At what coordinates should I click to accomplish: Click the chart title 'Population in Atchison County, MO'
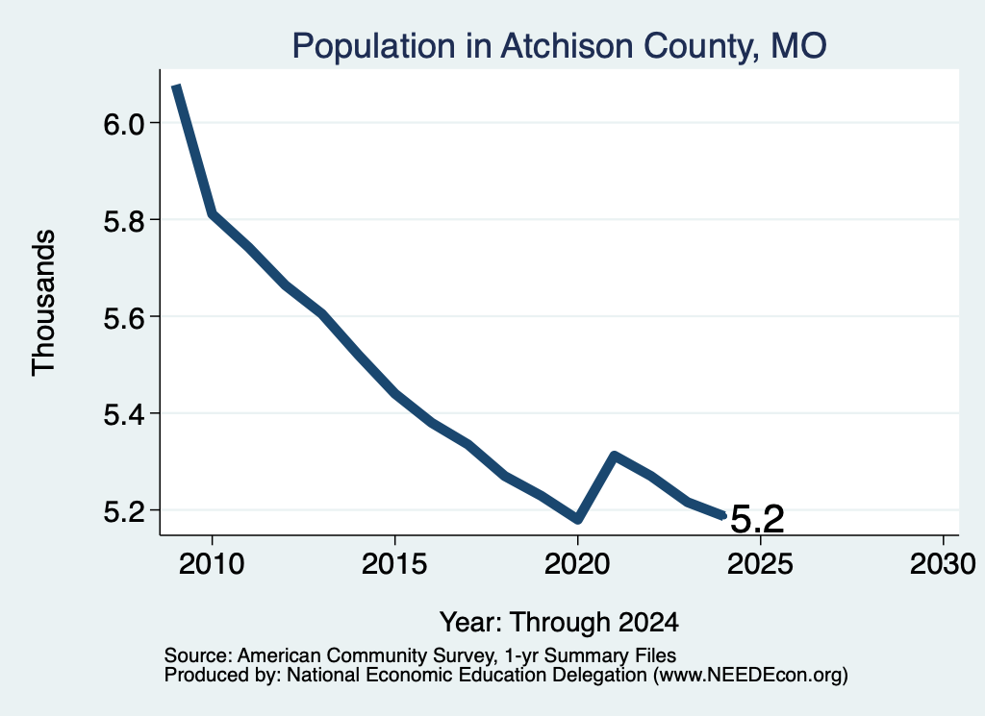click(x=559, y=46)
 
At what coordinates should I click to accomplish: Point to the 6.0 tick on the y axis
click(x=124, y=124)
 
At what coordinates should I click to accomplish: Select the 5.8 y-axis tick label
click(x=124, y=221)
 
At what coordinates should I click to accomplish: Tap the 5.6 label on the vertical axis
click(x=124, y=318)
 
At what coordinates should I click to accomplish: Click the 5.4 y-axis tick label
click(x=124, y=415)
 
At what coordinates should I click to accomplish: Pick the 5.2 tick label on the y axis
click(x=124, y=512)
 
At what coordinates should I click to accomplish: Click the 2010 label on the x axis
click(x=212, y=564)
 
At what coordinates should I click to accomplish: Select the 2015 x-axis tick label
click(x=394, y=564)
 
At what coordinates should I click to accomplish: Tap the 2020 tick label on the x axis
click(x=577, y=564)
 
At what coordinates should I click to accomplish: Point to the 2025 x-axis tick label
click(x=760, y=564)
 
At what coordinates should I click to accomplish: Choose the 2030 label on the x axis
click(x=943, y=564)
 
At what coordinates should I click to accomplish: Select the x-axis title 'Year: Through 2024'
click(x=559, y=622)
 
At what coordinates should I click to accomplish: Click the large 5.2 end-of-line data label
click(x=758, y=520)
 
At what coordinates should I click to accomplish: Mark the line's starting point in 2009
click(x=177, y=86)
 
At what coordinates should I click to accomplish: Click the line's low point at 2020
click(x=578, y=519)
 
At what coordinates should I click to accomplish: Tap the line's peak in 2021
click(x=615, y=455)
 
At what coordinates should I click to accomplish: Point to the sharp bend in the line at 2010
click(x=213, y=214)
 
